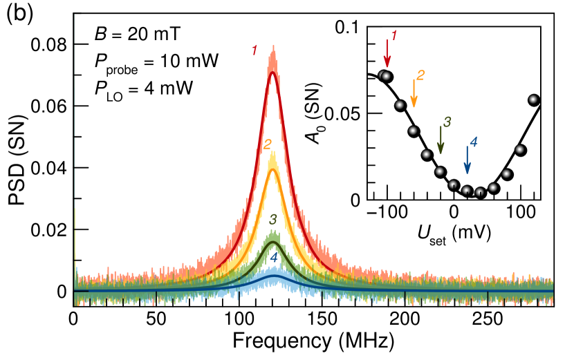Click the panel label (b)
tap(17, 15)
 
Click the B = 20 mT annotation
tap(138, 35)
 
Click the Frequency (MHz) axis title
tap(313, 341)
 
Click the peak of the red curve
tap(272, 72)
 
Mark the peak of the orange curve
tap(272, 169)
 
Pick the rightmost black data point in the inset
tap(533, 100)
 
